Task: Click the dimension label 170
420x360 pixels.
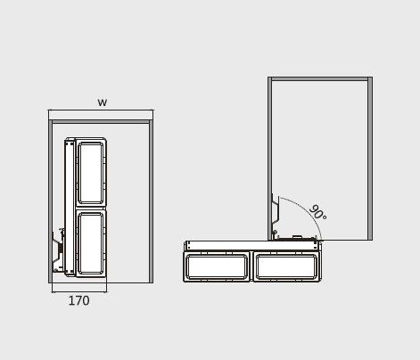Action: [x=78, y=300]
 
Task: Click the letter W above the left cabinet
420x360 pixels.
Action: [x=103, y=102]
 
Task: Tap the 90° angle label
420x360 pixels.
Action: [x=318, y=212]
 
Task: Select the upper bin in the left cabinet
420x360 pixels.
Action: [x=91, y=172]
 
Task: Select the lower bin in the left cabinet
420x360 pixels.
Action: [x=91, y=243]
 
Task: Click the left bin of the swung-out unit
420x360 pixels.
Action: [x=217, y=266]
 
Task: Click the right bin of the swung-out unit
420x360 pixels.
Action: [x=286, y=266]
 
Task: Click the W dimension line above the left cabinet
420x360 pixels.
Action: [x=101, y=110]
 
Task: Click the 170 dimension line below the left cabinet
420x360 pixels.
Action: [x=79, y=292]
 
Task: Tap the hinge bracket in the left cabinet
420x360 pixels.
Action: [x=58, y=251]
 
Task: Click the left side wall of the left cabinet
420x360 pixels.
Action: [x=50, y=201]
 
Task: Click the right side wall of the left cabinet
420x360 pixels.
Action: [x=151, y=201]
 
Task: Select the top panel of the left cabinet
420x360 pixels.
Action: [x=101, y=121]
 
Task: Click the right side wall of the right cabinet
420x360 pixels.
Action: [x=370, y=159]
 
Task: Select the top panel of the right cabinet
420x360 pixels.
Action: [x=320, y=79]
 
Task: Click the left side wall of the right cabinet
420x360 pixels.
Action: [x=269, y=159]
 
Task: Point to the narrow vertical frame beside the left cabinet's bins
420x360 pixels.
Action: [x=70, y=207]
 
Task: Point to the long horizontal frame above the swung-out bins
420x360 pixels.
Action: [x=252, y=246]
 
